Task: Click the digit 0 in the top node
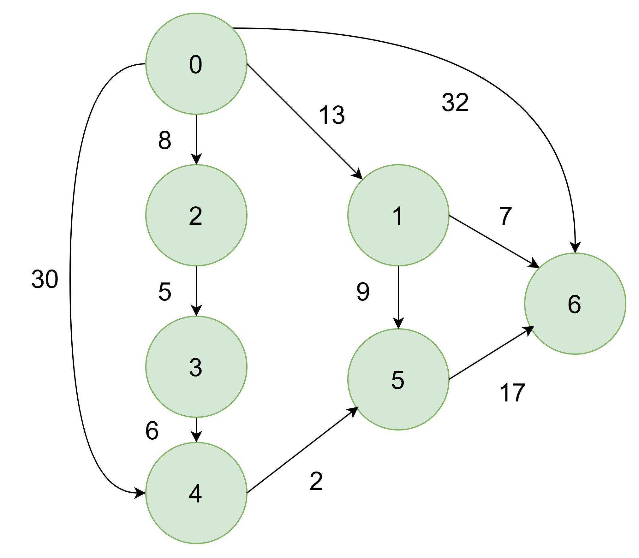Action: click(195, 65)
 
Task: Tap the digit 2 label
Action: click(195, 216)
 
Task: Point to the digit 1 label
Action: click(398, 216)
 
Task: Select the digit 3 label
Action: click(196, 368)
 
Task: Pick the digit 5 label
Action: click(398, 380)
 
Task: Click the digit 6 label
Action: click(574, 305)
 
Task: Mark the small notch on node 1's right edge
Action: click(449, 216)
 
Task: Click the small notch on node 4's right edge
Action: click(247, 492)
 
